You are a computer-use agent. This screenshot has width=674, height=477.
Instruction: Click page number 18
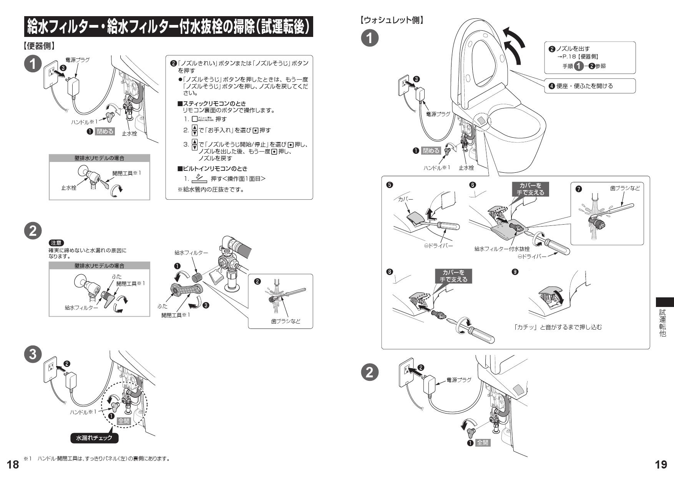[13, 464]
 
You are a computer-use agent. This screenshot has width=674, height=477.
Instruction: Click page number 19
[661, 464]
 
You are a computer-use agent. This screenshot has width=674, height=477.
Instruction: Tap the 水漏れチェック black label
[94, 438]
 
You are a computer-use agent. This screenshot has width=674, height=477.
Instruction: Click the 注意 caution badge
[56, 243]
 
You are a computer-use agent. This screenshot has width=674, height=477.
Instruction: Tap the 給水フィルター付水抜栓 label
[502, 249]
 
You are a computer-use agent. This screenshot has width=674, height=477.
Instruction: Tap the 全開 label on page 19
[483, 443]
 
